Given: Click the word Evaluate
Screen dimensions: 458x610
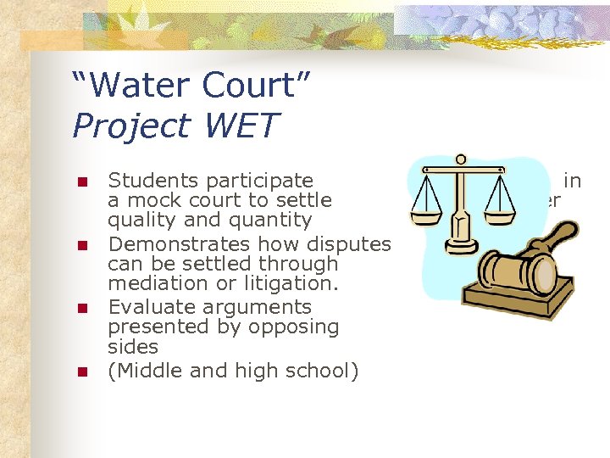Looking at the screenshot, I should pos(147,306).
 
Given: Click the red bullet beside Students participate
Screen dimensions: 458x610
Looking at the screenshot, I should pos(82,182).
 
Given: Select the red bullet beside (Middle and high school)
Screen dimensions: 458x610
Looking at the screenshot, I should pos(82,371).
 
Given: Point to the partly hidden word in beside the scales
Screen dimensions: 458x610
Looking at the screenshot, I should pos(573,180).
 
